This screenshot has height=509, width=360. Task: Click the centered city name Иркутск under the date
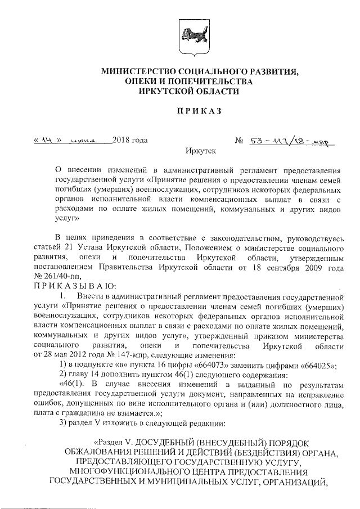click(200, 151)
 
